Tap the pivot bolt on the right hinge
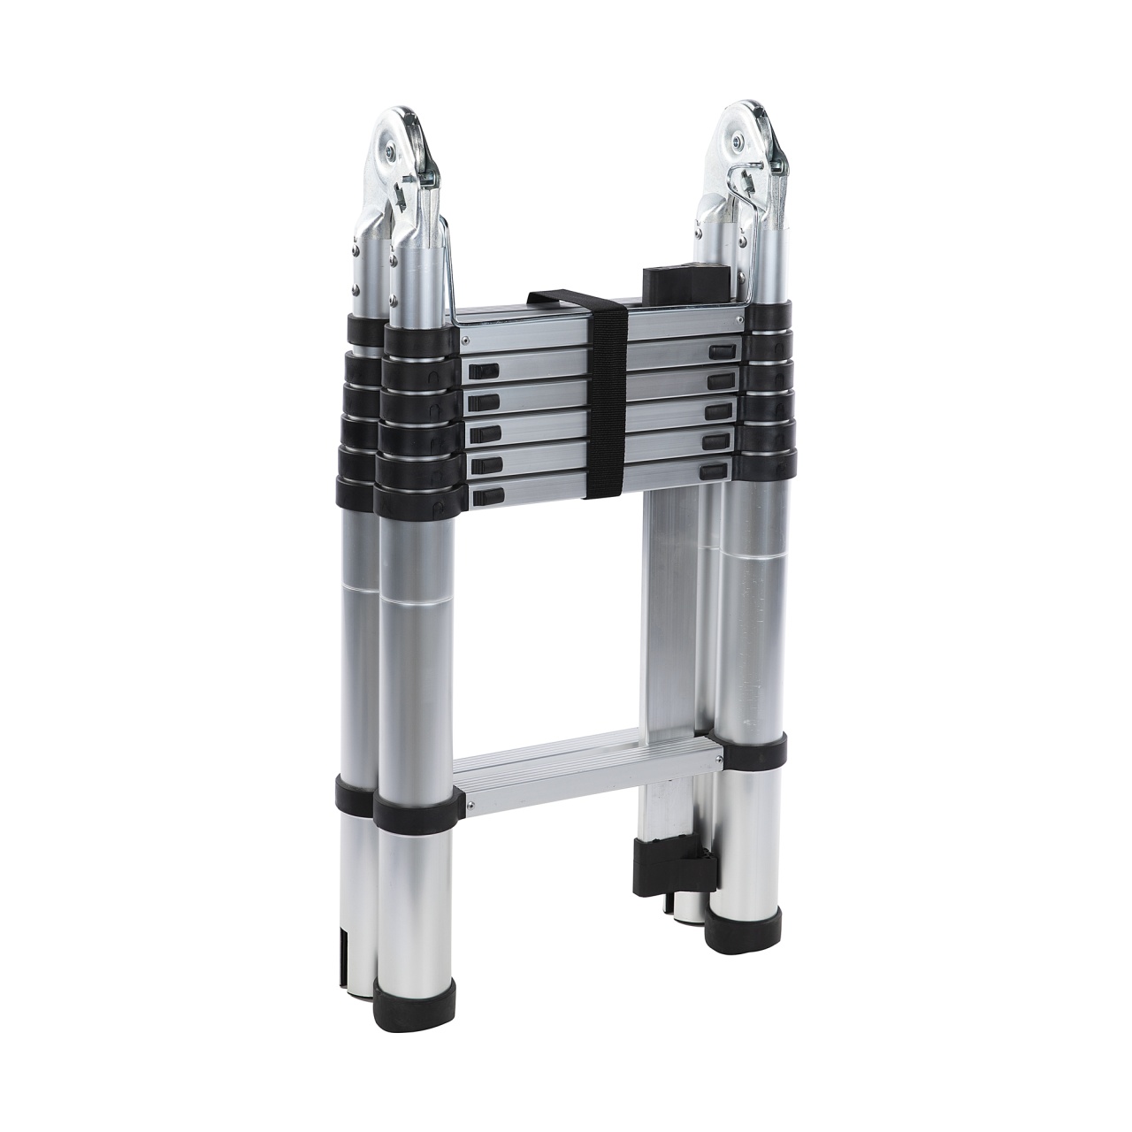click(x=734, y=139)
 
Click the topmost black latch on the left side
click(x=484, y=371)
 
